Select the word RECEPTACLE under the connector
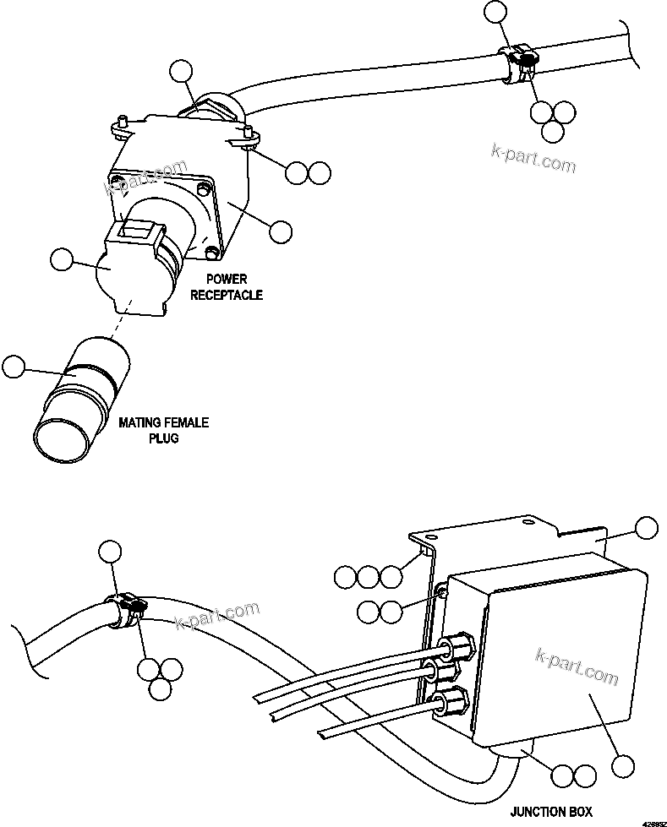coord(226,295)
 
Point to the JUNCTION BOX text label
coord(551,812)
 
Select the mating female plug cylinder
coord(83,398)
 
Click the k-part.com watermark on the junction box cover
coord(577,666)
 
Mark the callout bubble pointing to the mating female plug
coord(14,367)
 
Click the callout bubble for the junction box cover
coord(623,766)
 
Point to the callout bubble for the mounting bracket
coord(646,528)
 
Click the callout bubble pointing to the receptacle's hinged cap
coord(61,260)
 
